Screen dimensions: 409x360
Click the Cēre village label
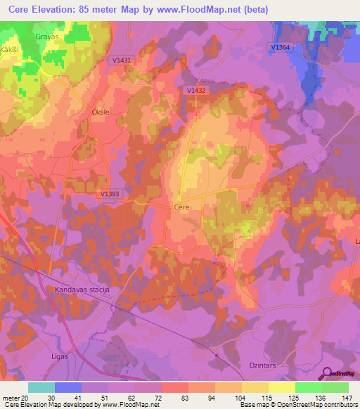click(x=182, y=208)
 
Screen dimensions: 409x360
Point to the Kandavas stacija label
click(x=84, y=290)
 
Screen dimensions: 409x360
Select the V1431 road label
click(x=122, y=61)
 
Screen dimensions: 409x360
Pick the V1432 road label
click(x=198, y=90)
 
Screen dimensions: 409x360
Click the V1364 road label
click(x=281, y=47)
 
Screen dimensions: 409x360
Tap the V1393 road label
click(x=110, y=195)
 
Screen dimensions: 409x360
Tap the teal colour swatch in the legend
click(x=41, y=387)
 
